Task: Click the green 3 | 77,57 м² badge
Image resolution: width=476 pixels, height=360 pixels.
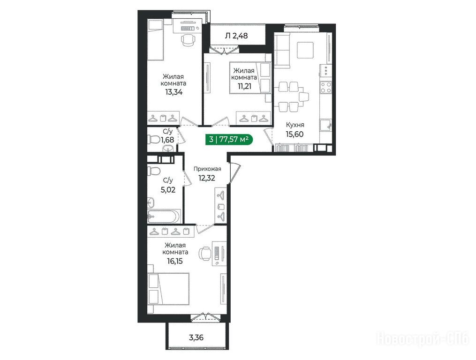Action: point(229,140)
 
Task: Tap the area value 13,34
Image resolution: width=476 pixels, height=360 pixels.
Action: point(174,92)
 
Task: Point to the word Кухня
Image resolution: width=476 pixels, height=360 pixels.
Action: point(295,125)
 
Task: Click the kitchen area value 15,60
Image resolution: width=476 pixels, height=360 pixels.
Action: point(295,134)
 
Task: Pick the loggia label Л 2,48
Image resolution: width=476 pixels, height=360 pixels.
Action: point(236,36)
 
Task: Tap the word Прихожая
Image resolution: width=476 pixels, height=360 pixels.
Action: point(208,169)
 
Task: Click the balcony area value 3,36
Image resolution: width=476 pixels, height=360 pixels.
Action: point(196,337)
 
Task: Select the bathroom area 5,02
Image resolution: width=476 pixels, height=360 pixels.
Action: point(168,190)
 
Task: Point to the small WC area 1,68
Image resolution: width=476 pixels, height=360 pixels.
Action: point(167,140)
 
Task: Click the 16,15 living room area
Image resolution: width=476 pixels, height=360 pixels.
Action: point(175,261)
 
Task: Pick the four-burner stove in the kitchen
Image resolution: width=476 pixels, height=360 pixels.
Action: point(326,87)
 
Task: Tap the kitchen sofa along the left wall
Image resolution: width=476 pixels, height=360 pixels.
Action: point(281,50)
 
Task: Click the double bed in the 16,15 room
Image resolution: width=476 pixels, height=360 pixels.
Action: point(168,288)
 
